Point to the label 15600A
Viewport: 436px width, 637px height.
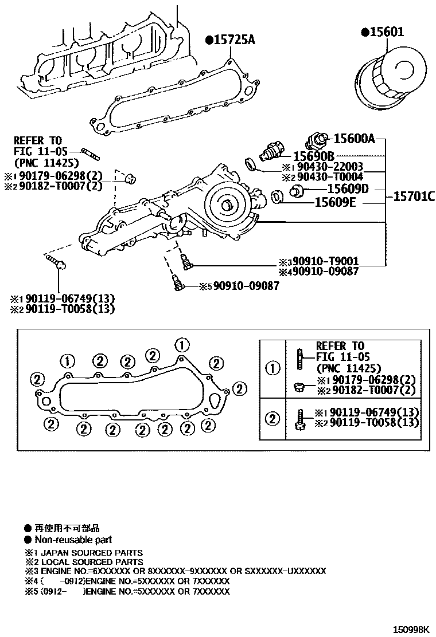(x=354, y=138)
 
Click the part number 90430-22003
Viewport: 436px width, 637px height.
(x=330, y=167)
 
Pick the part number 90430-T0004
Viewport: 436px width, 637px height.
(x=330, y=177)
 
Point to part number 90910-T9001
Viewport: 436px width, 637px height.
(x=330, y=261)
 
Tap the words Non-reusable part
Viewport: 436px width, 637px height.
(x=73, y=539)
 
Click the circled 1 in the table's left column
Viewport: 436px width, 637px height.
(x=272, y=368)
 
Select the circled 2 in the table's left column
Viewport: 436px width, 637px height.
(x=272, y=418)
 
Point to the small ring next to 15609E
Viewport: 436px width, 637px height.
(x=277, y=198)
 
